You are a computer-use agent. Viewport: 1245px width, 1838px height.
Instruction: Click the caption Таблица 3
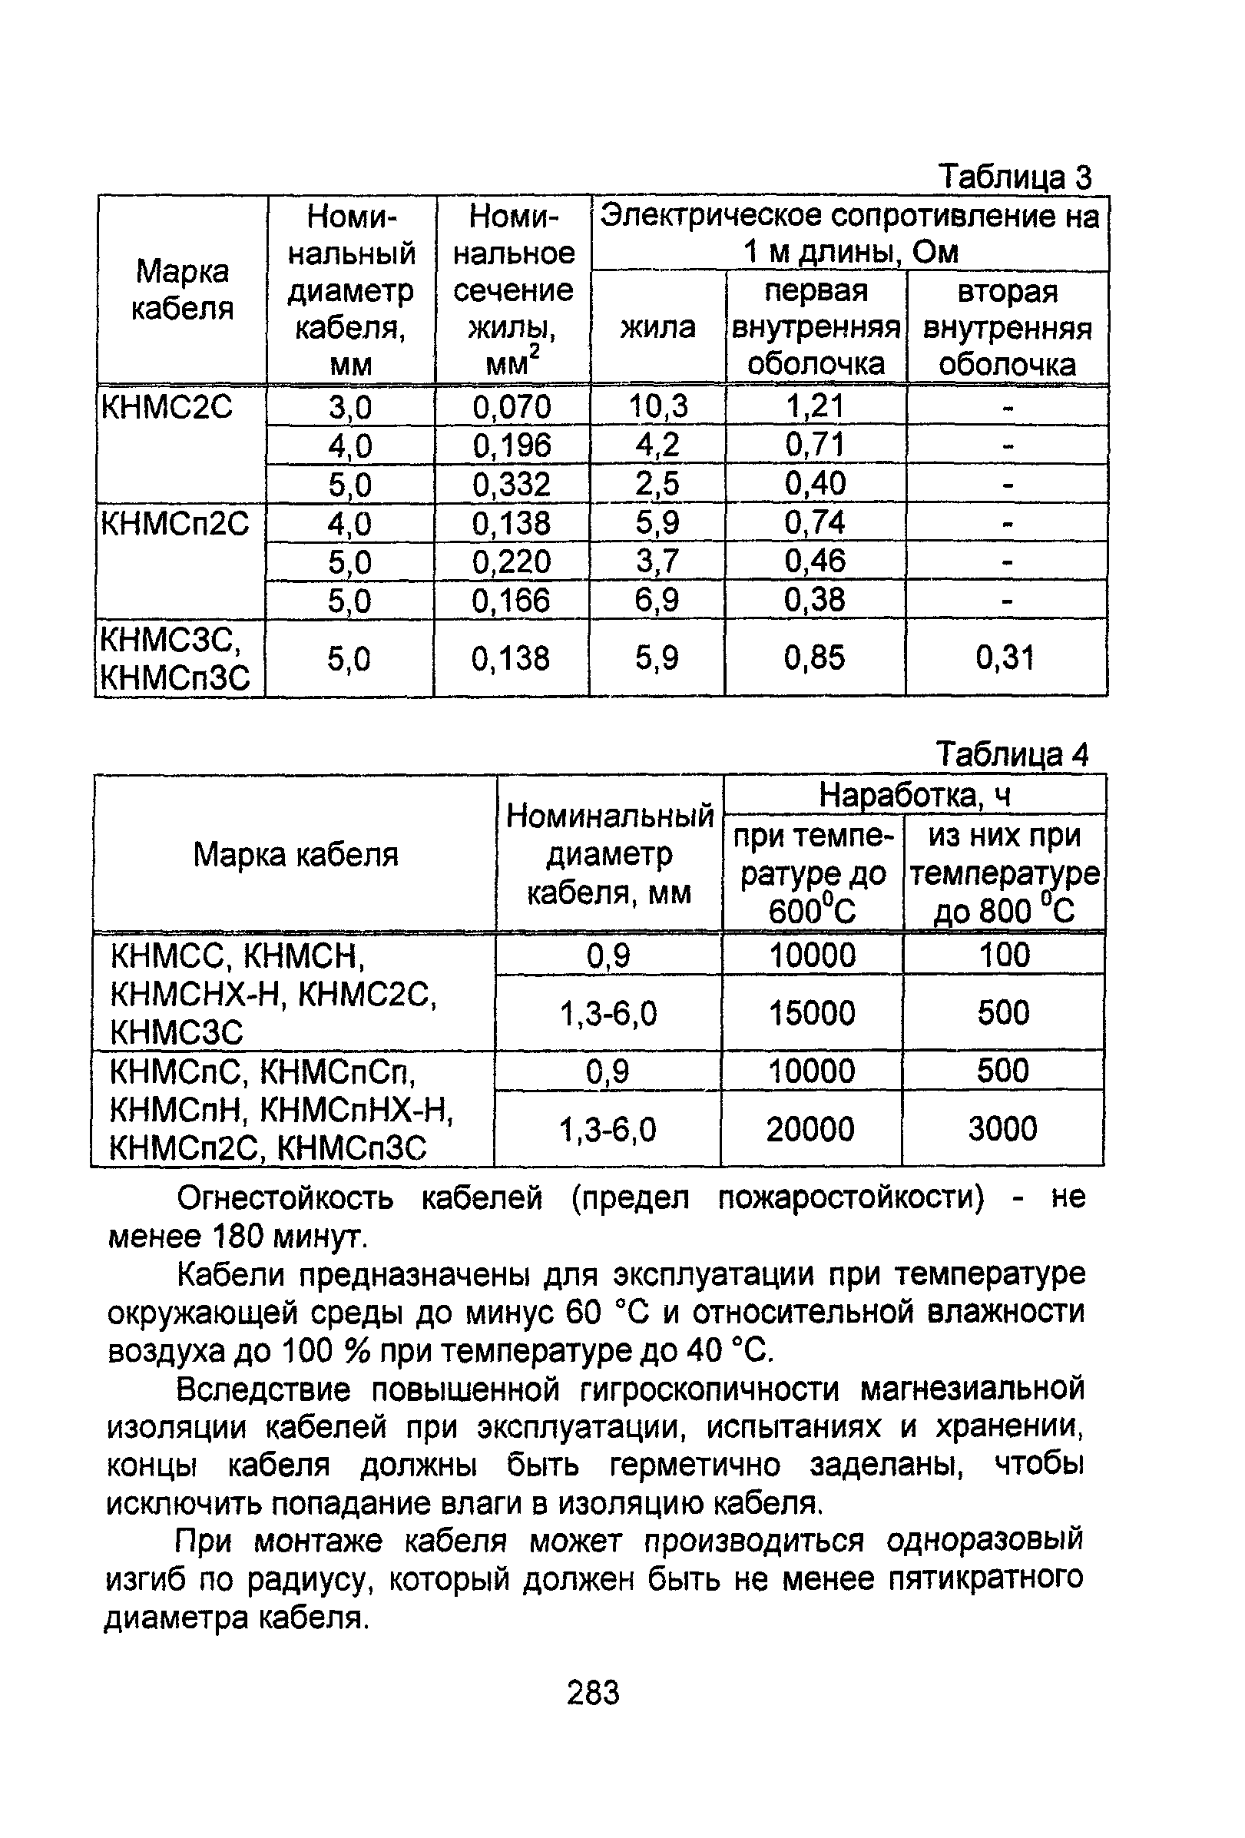1014,177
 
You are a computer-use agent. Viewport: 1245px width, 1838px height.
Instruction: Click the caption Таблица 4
1012,754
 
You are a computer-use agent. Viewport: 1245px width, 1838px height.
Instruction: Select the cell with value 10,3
658,406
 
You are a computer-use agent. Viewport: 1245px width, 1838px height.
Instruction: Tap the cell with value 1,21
815,406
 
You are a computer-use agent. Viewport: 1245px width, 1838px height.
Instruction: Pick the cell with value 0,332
512,484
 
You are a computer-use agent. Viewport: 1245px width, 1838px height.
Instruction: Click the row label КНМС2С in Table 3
167,407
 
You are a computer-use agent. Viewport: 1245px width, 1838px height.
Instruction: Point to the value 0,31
1005,658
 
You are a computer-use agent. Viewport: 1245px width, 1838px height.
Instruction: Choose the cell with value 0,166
511,601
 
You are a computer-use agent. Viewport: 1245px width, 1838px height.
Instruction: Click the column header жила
657,327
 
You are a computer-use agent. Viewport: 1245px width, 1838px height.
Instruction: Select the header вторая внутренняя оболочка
1007,327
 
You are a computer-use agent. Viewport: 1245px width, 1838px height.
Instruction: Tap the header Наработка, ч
915,795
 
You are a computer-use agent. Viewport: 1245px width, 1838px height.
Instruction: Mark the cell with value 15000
813,1013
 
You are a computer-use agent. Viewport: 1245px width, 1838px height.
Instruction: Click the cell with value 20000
811,1128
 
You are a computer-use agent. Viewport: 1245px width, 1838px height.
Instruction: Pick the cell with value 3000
1002,1128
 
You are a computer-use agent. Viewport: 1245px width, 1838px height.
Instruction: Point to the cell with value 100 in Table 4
1004,955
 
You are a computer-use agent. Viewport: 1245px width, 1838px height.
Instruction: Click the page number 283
593,1693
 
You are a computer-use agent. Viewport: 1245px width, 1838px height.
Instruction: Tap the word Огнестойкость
285,1198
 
